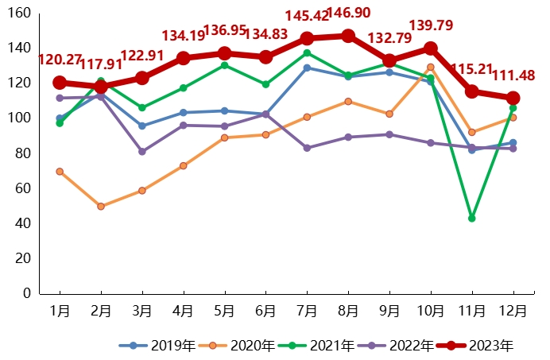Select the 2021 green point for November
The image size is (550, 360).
pyautogui.click(x=472, y=218)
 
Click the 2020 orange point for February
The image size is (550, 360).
pyautogui.click(x=101, y=206)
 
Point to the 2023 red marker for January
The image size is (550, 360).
pyautogui.click(x=60, y=83)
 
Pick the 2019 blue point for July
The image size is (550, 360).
pyautogui.click(x=307, y=68)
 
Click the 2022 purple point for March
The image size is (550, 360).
pyautogui.click(x=142, y=151)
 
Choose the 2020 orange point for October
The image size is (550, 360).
pyautogui.click(x=431, y=68)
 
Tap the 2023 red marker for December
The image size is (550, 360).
pyautogui.click(x=513, y=98)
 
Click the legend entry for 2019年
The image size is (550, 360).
pyautogui.click(x=157, y=346)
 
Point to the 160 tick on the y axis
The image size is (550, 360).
pyautogui.click(x=21, y=14)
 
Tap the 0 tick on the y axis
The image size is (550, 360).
pyautogui.click(x=27, y=293)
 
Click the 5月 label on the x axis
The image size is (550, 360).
pyautogui.click(x=225, y=311)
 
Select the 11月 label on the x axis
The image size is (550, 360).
pyautogui.click(x=472, y=311)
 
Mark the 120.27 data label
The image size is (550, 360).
pyautogui.click(x=62, y=60)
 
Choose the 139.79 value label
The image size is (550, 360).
pyautogui.click(x=431, y=26)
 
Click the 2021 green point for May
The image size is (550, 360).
pyautogui.click(x=224, y=65)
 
